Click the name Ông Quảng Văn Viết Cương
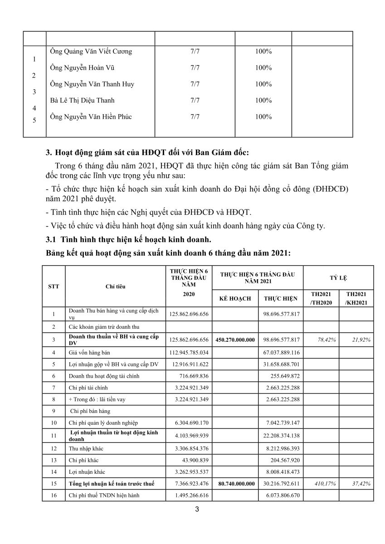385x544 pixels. point(91,52)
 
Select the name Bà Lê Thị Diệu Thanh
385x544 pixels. point(82,101)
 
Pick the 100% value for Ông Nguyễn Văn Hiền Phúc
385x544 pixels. point(263,117)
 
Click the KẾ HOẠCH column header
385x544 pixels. point(235,299)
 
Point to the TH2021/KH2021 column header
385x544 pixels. point(356,298)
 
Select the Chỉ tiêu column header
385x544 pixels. point(116,287)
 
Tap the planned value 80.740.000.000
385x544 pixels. point(235,484)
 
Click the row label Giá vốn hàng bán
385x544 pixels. point(90,352)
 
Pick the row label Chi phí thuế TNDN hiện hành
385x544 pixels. point(103,495)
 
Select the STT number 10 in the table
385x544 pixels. point(54,423)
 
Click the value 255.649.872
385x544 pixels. point(284,376)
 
